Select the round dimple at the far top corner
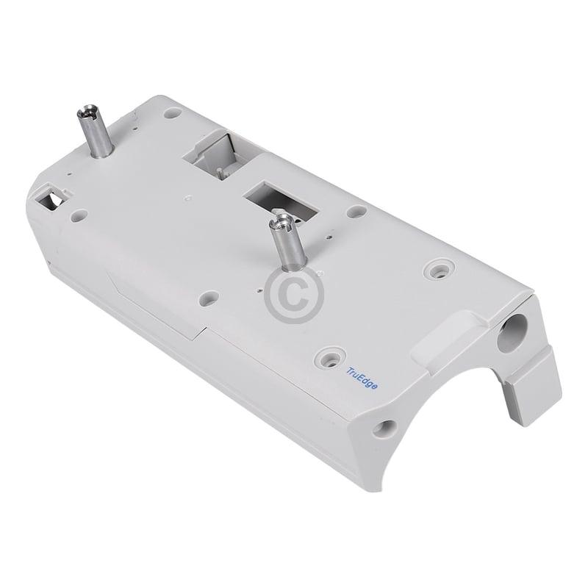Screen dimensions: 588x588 [173, 115]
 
